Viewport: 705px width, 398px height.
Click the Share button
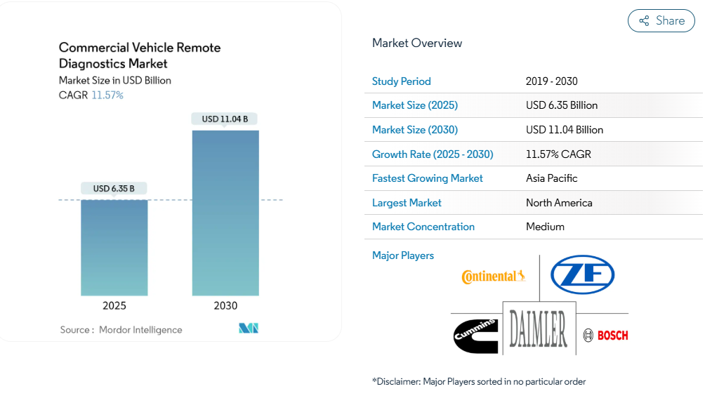click(x=661, y=21)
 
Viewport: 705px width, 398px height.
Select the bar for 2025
click(x=114, y=247)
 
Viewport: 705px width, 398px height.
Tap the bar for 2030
click(x=225, y=213)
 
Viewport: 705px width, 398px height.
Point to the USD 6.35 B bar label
click(x=114, y=188)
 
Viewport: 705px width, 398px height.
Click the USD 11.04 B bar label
click(x=225, y=119)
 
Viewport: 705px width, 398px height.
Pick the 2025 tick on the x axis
click(x=114, y=306)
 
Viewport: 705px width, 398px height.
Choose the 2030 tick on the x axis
click(x=225, y=306)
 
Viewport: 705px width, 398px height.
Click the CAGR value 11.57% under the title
click(x=107, y=95)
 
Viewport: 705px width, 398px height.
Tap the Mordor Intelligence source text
click(x=140, y=330)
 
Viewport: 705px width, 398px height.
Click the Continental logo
click(x=493, y=277)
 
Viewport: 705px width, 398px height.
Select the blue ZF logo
click(x=582, y=274)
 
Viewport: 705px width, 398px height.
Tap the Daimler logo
click(x=539, y=329)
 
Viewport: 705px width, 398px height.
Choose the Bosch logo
click(x=606, y=336)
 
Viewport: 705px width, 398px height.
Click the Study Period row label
click(x=402, y=81)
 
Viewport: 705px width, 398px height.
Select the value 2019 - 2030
click(x=552, y=81)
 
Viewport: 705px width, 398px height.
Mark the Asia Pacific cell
click(x=552, y=178)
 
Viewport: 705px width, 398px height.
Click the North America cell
click(x=559, y=203)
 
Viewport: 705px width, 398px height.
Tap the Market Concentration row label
click(x=423, y=227)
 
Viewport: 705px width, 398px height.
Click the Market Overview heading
click(x=417, y=43)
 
